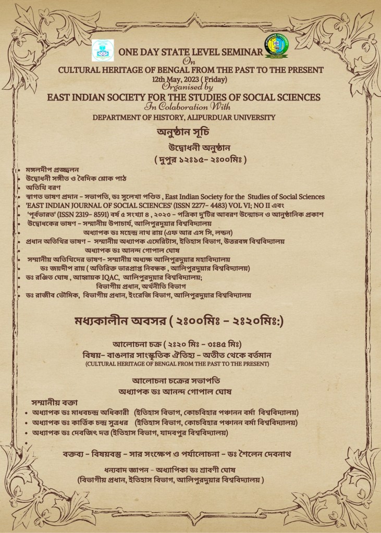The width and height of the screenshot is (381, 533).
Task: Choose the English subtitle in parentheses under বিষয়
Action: (189, 363)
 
